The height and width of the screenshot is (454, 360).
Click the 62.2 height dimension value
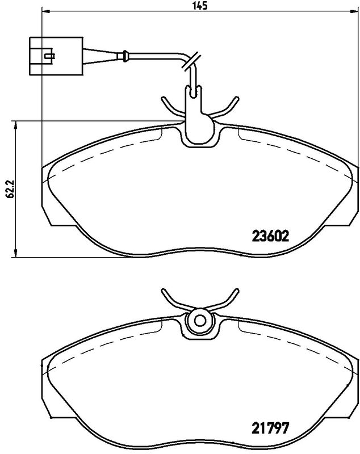pos(10,188)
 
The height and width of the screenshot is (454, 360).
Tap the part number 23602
pos(271,236)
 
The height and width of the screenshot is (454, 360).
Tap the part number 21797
pos(270,427)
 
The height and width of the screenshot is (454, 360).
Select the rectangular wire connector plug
pos(56,56)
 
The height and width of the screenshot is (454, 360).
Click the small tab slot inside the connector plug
pos(49,55)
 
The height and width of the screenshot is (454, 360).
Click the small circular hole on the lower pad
pos(199,321)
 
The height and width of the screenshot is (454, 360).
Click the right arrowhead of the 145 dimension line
pos(354,11)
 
